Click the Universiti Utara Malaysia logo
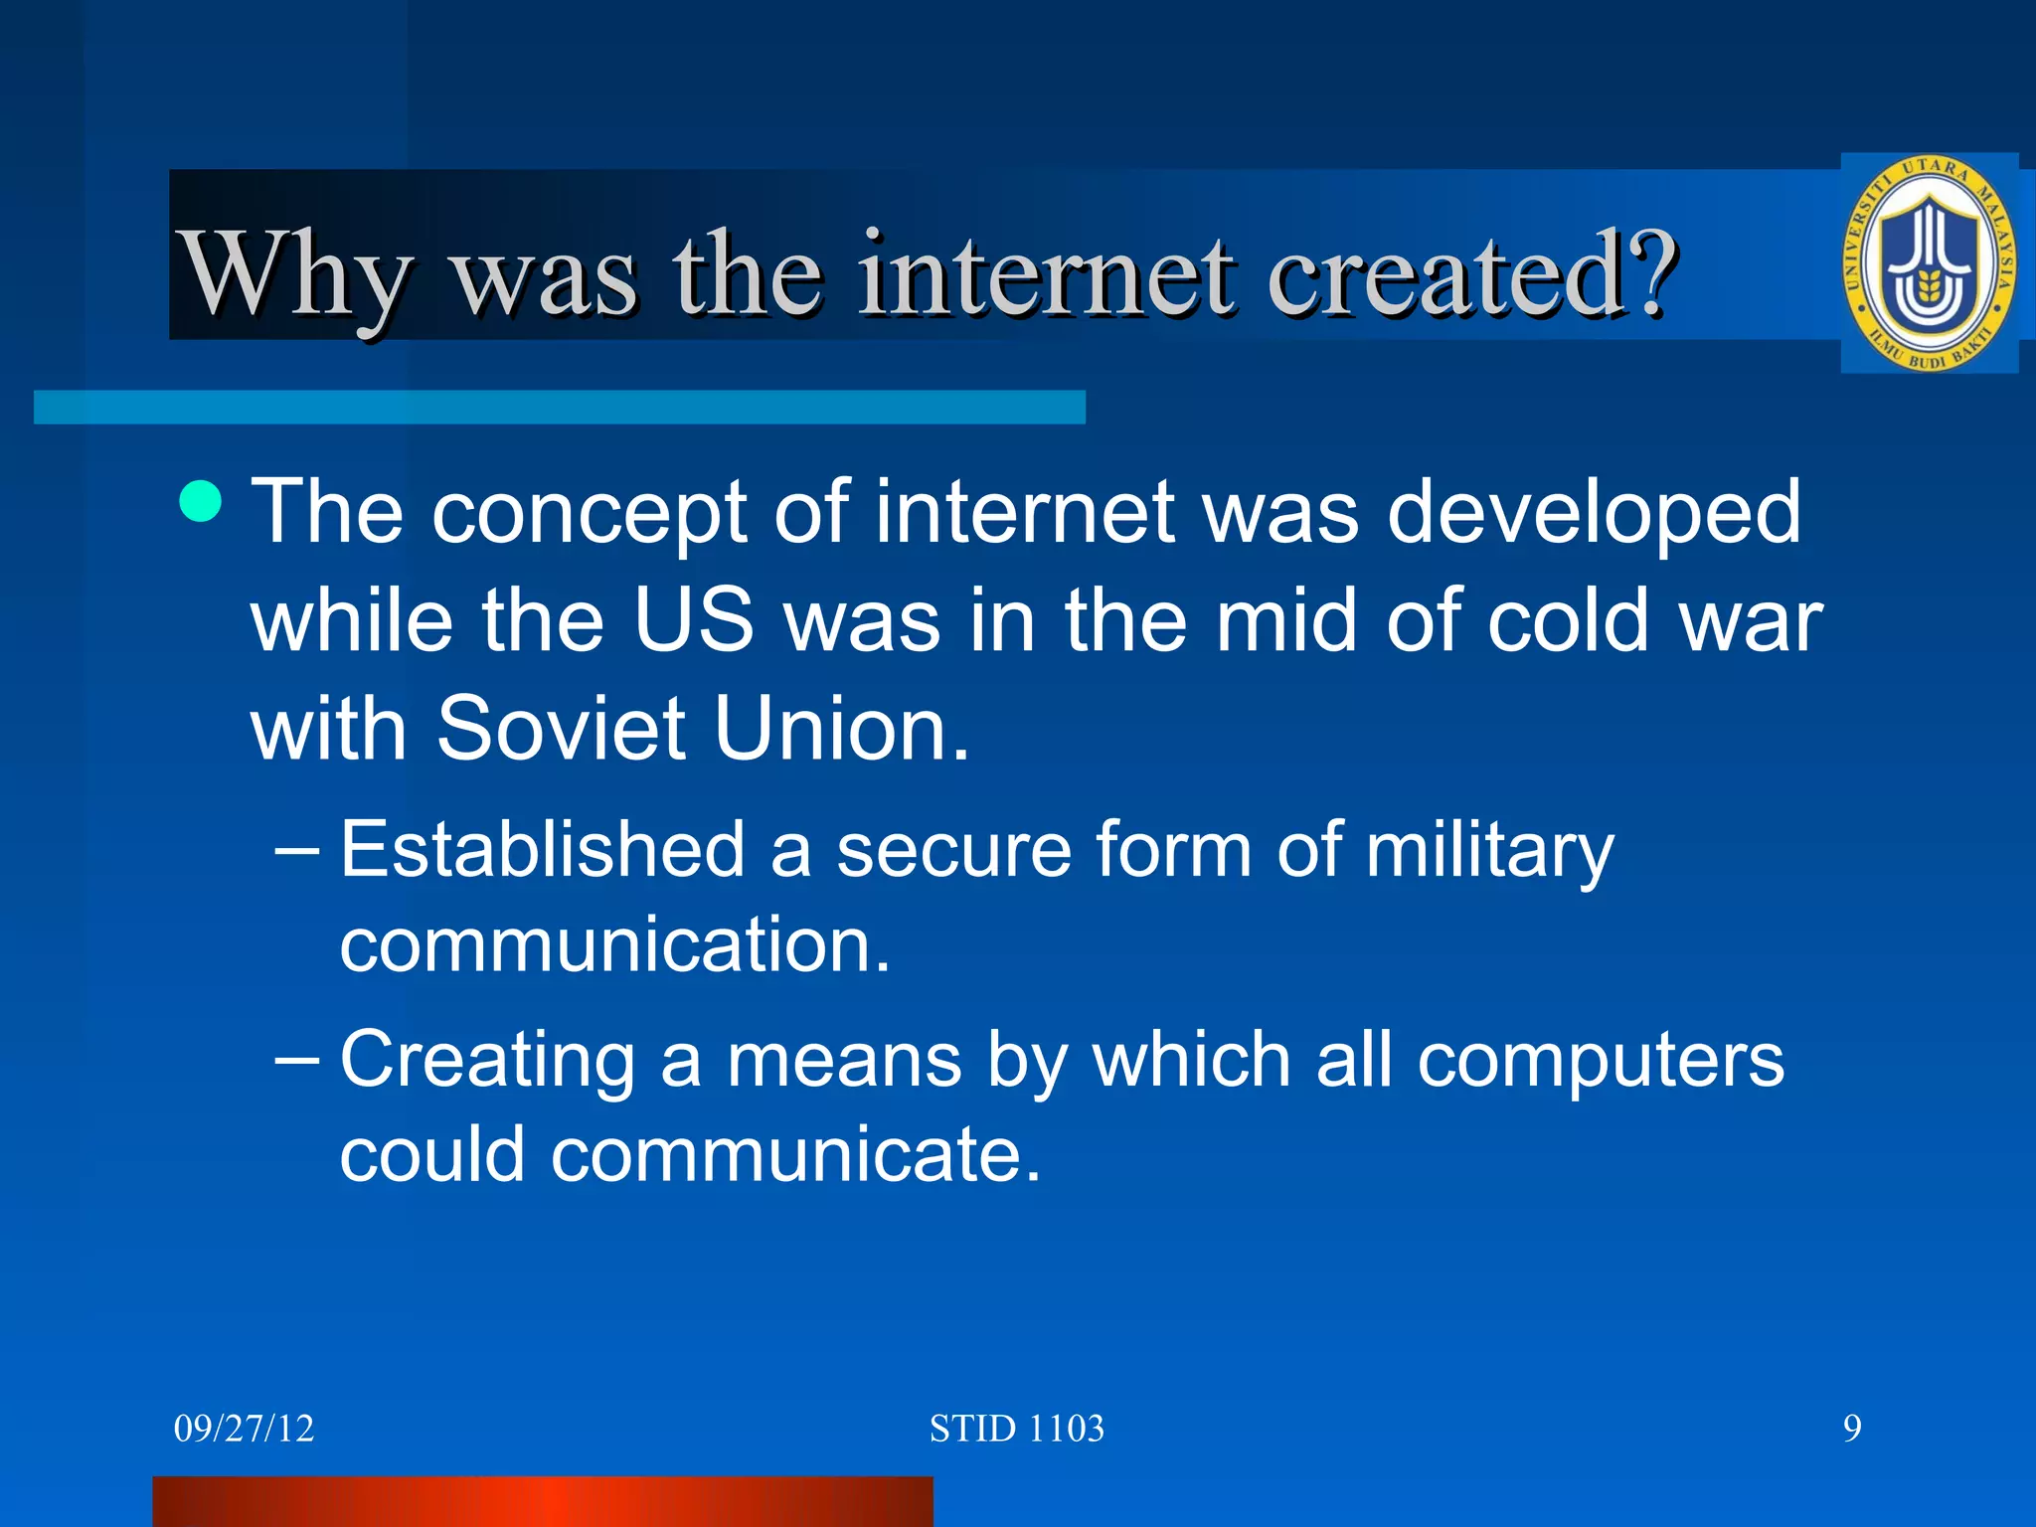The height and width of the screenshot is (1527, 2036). click(1929, 263)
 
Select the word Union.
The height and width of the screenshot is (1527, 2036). click(841, 728)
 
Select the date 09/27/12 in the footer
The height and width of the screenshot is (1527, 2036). click(244, 1429)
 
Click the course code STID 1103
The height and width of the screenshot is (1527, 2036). click(1016, 1429)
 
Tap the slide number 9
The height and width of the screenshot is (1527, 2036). click(1852, 1429)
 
